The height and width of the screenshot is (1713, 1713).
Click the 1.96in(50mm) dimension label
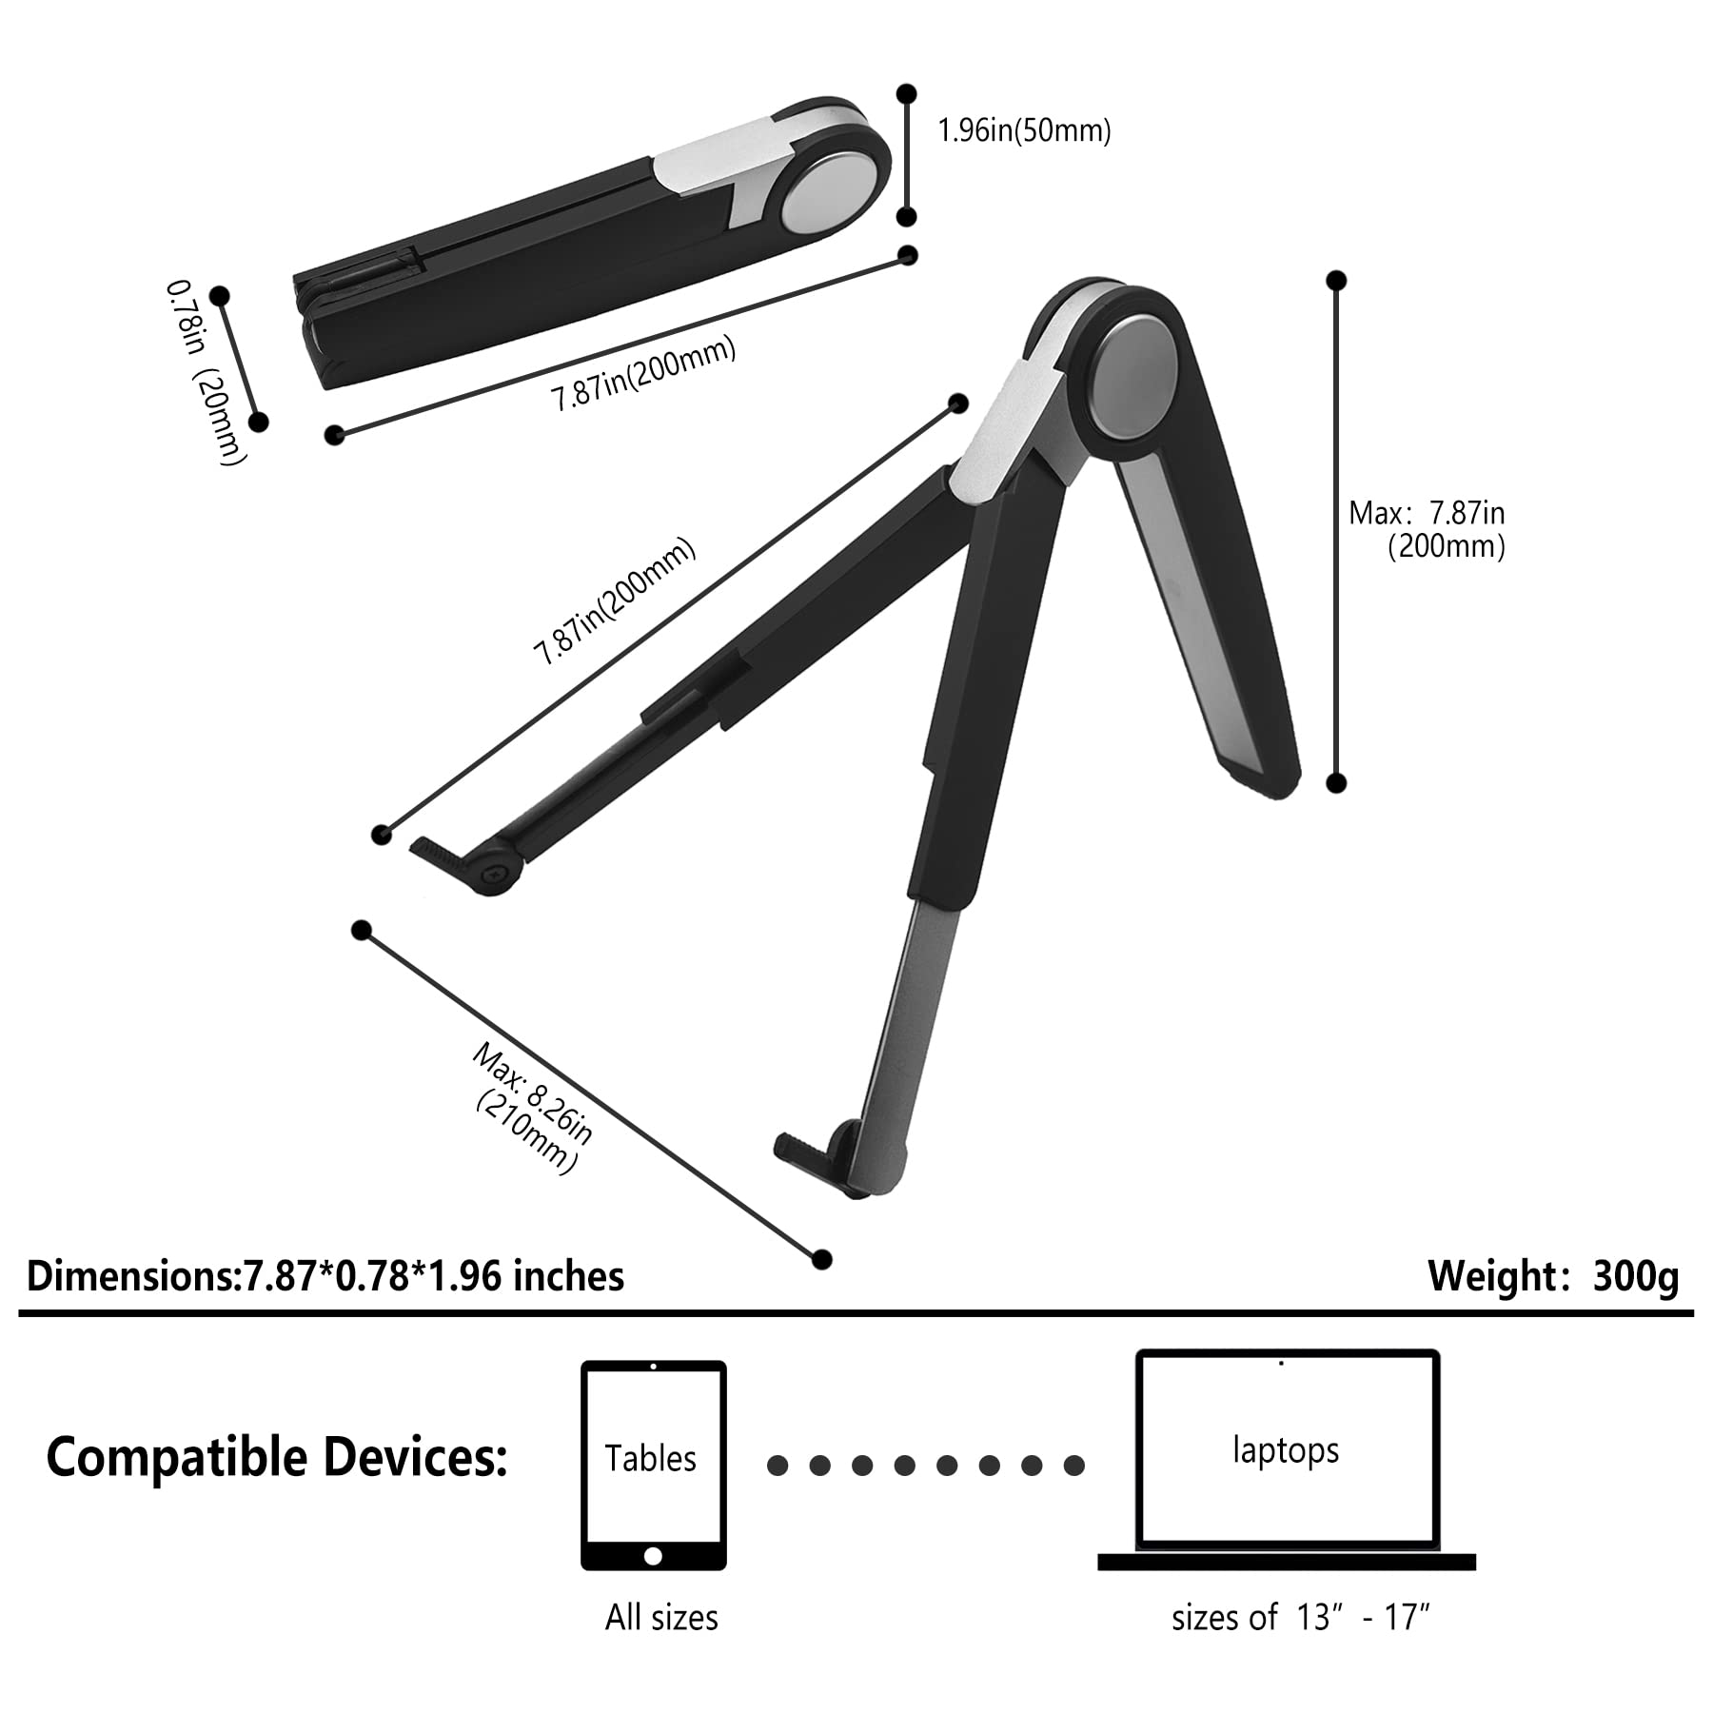[1024, 130]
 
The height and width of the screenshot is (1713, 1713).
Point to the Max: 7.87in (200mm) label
[1427, 530]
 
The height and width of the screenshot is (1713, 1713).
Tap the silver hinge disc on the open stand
[1132, 381]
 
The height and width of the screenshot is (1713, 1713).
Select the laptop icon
[1287, 1459]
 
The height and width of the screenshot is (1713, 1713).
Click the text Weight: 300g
[1553, 1276]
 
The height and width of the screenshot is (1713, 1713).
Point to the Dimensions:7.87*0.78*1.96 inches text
[325, 1276]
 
